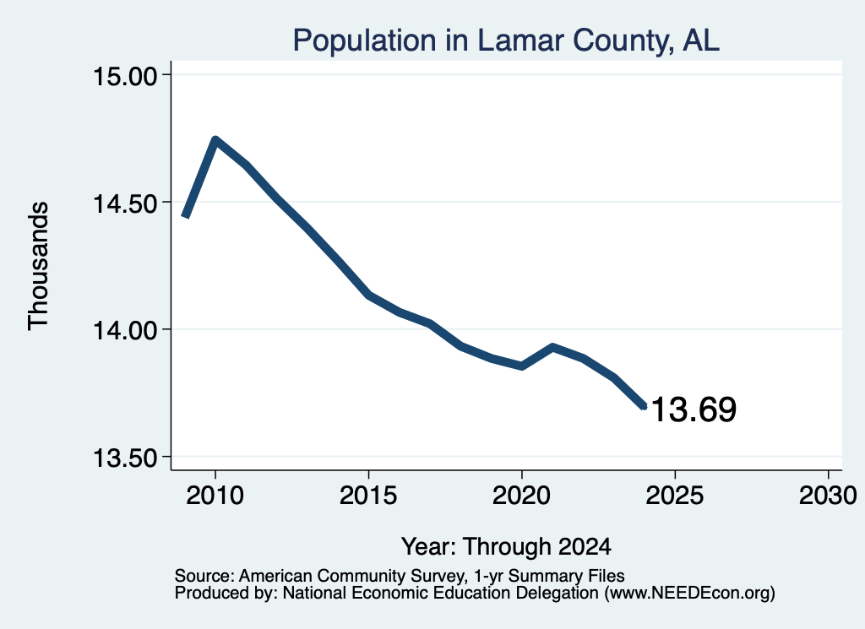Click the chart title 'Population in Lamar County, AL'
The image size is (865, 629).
coord(506,41)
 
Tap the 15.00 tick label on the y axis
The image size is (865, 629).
coord(125,75)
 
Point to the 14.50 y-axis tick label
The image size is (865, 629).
coord(125,203)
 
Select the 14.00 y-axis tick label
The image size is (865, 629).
coord(125,331)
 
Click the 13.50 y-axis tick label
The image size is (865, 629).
coord(125,458)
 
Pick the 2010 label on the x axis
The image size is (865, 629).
coord(215,495)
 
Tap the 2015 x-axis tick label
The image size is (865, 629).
coord(368,495)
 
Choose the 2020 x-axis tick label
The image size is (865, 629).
coord(521,495)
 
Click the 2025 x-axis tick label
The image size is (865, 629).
coord(675,495)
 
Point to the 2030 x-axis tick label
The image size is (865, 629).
coord(828,495)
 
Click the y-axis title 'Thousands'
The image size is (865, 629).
coord(39,266)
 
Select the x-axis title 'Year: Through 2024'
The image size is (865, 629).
coord(506,546)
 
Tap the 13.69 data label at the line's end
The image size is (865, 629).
coord(694,409)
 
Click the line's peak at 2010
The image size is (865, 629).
coord(215,140)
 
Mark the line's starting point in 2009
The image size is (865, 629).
coord(186,217)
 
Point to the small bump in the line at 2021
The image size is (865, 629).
coord(552,347)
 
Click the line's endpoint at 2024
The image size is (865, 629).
coord(643,407)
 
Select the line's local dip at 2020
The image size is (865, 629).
coord(521,366)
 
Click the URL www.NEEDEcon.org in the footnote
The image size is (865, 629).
coord(689,594)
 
